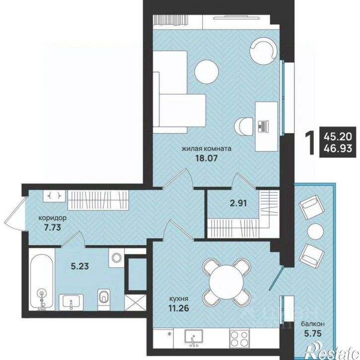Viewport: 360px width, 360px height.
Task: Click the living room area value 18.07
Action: (206, 158)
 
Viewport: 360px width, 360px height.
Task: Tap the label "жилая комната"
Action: (207, 148)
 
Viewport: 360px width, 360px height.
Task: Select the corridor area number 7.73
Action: (52, 227)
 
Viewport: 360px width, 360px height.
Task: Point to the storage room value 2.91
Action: (239, 203)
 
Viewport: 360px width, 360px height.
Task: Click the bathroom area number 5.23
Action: (79, 266)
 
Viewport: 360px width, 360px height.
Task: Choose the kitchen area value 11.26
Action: (179, 308)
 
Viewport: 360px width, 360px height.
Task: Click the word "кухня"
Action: (179, 299)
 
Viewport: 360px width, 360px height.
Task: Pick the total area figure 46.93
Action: (338, 148)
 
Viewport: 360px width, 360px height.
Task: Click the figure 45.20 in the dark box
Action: (338, 137)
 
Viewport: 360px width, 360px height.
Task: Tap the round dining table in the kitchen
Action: (226, 282)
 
